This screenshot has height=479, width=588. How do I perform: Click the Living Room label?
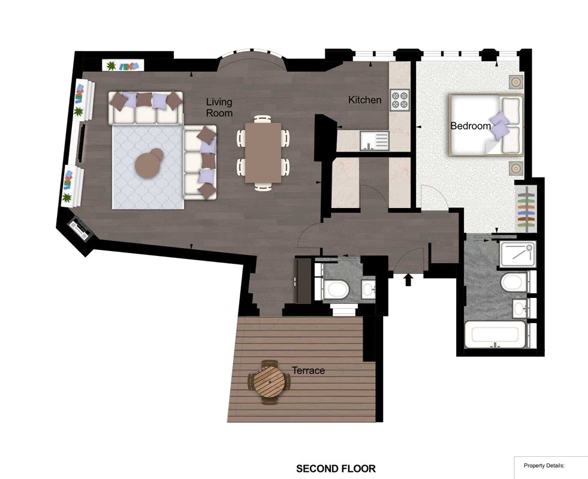point(219,107)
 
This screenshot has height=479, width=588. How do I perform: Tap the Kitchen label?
point(364,100)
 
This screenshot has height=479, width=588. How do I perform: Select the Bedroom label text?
point(471,126)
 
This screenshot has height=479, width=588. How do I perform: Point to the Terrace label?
point(308,370)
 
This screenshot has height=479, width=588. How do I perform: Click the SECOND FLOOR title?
point(336,468)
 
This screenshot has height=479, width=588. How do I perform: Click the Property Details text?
point(544,466)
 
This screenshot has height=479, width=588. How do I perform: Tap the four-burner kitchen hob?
point(400,100)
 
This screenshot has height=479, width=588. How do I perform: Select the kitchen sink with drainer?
point(374,141)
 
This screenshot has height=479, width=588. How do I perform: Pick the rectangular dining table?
point(263,153)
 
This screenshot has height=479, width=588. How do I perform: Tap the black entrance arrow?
point(408,279)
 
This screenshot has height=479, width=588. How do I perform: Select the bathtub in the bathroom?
point(494,334)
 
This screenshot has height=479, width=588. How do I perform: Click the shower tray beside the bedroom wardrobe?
point(517,254)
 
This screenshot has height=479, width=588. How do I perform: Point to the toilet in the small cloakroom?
point(336,290)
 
